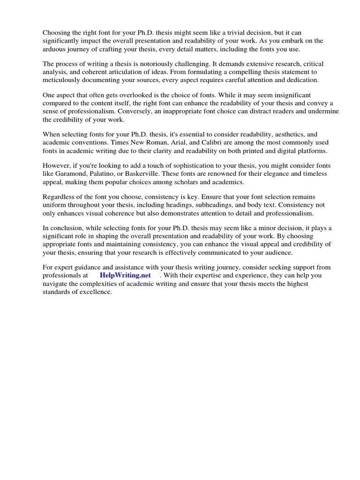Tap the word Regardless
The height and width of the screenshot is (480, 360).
[60, 197]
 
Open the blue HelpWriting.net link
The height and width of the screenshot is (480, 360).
[125, 275]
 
